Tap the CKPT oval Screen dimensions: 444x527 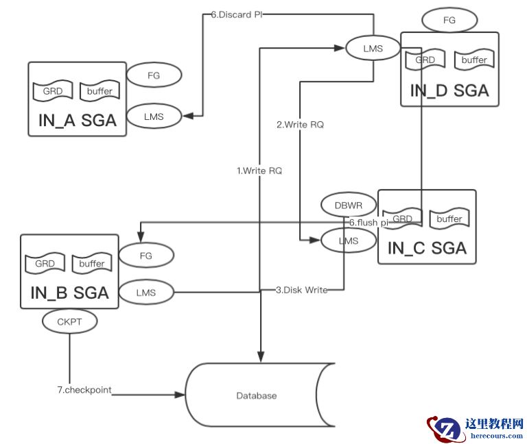[x=69, y=320]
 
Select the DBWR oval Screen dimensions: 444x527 [x=348, y=205]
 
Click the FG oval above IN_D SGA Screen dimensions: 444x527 [x=449, y=21]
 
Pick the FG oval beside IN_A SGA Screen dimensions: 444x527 [x=154, y=75]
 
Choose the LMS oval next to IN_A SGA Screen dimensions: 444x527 [x=154, y=116]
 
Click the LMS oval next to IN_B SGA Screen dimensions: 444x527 [x=145, y=293]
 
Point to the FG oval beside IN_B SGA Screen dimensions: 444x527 [x=145, y=255]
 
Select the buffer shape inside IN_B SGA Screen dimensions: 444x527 [x=91, y=263]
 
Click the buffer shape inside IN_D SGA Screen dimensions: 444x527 [x=473, y=60]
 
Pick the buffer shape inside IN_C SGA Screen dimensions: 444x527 [x=449, y=219]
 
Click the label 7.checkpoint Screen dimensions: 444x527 [x=84, y=390]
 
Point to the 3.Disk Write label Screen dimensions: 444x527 [x=302, y=290]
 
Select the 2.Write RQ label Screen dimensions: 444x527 [x=300, y=125]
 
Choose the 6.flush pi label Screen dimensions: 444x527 [x=368, y=223]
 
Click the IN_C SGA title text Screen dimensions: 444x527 [x=427, y=248]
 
